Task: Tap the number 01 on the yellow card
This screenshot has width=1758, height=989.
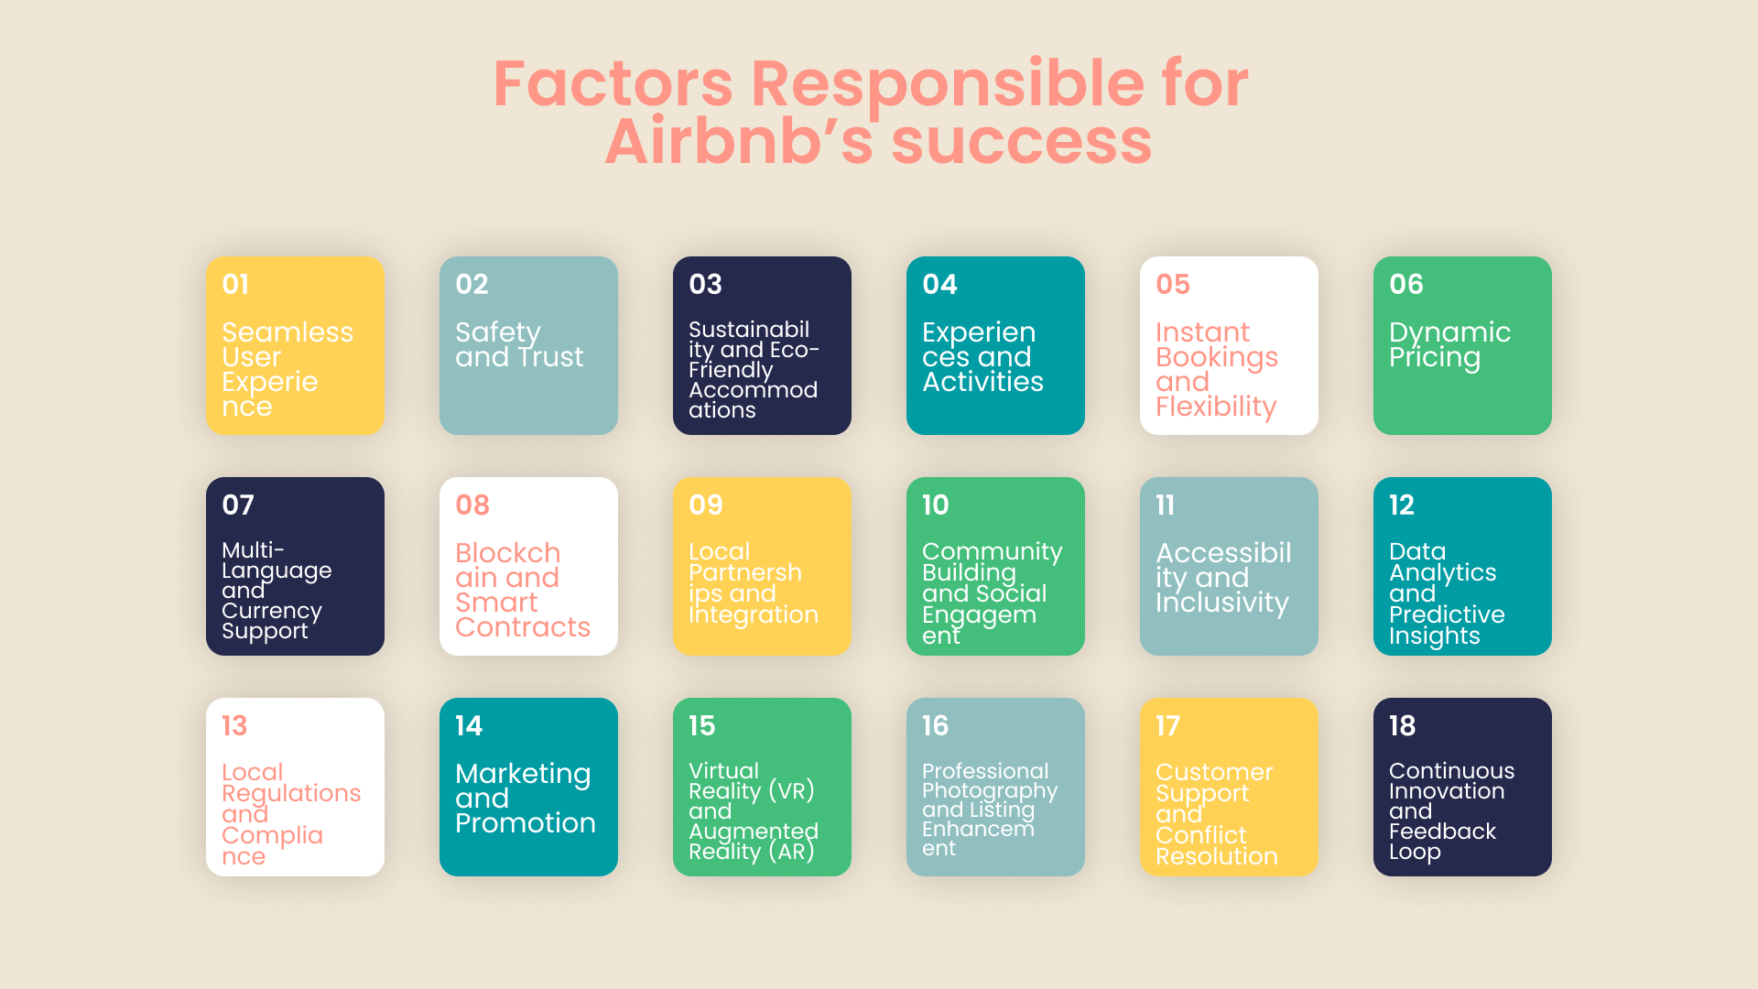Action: click(x=235, y=284)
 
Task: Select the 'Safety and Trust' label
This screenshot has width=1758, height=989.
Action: click(x=519, y=344)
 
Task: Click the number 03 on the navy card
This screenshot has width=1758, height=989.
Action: click(x=705, y=284)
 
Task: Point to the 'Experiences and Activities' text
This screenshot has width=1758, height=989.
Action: click(x=982, y=357)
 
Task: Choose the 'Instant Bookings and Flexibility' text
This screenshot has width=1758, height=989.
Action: click(x=1217, y=369)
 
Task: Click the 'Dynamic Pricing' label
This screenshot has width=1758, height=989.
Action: click(x=1449, y=345)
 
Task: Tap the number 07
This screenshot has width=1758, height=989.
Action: click(x=238, y=505)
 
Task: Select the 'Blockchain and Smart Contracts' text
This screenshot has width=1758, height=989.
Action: click(x=523, y=590)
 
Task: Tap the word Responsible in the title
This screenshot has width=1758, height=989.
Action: click(x=948, y=85)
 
